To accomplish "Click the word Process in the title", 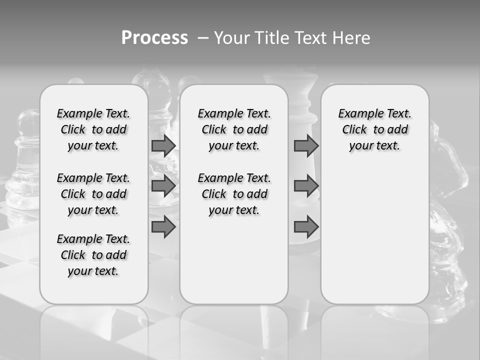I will coord(154,37).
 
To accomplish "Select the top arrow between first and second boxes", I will coord(163,145).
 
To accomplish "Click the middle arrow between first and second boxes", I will coord(163,186).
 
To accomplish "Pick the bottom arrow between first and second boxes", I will coord(163,226).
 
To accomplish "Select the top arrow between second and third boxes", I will coord(306,145).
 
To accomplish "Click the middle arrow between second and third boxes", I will coord(306,186).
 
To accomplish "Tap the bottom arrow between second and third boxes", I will coord(306,226).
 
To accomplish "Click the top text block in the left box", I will coord(93,129).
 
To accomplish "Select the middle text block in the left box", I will coord(93,194).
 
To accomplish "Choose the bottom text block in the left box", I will coord(93,255).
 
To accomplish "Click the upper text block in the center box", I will coord(234,129).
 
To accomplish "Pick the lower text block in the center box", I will coord(234,194).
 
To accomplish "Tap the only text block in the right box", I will coord(374,129).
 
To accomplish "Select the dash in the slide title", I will coord(202,38).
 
